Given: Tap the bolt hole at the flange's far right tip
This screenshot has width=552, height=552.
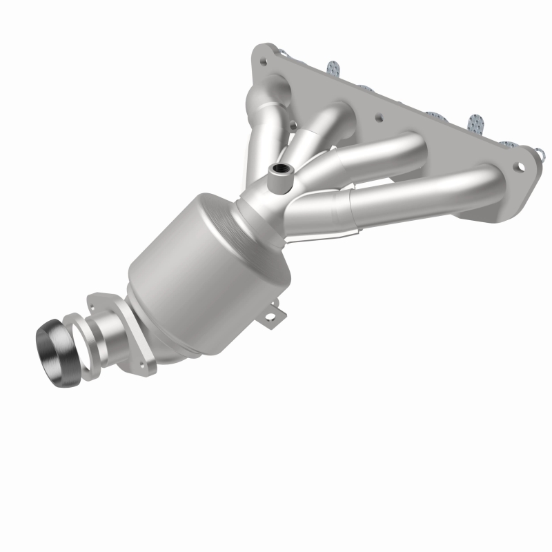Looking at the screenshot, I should [518, 164].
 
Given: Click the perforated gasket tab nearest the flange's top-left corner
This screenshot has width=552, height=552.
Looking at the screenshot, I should [333, 68].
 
